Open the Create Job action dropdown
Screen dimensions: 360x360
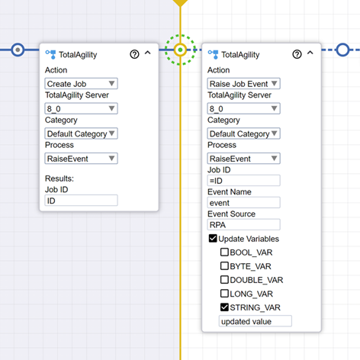click(x=81, y=84)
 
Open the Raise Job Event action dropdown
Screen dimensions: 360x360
click(x=243, y=84)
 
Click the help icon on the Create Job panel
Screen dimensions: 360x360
click(x=134, y=54)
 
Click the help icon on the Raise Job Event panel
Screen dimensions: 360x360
click(x=297, y=54)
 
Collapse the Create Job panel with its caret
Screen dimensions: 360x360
click(x=148, y=53)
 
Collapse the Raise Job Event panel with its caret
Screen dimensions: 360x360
click(x=310, y=53)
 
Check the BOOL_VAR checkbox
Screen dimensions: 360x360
click(x=224, y=252)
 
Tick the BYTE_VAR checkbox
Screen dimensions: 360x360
click(x=224, y=266)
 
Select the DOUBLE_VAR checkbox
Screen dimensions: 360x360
click(x=224, y=280)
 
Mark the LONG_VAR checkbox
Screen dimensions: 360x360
click(x=224, y=294)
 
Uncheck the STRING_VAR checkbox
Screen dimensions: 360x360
click(x=224, y=307)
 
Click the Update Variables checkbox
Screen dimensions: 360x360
click(x=213, y=239)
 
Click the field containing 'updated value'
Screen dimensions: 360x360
click(x=256, y=321)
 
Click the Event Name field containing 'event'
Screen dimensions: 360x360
click(x=243, y=203)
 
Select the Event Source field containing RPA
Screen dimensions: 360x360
click(x=243, y=225)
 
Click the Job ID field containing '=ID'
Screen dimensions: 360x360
click(x=243, y=181)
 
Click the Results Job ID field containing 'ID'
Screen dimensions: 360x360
click(x=81, y=201)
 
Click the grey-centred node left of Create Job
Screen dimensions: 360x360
click(x=18, y=50)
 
